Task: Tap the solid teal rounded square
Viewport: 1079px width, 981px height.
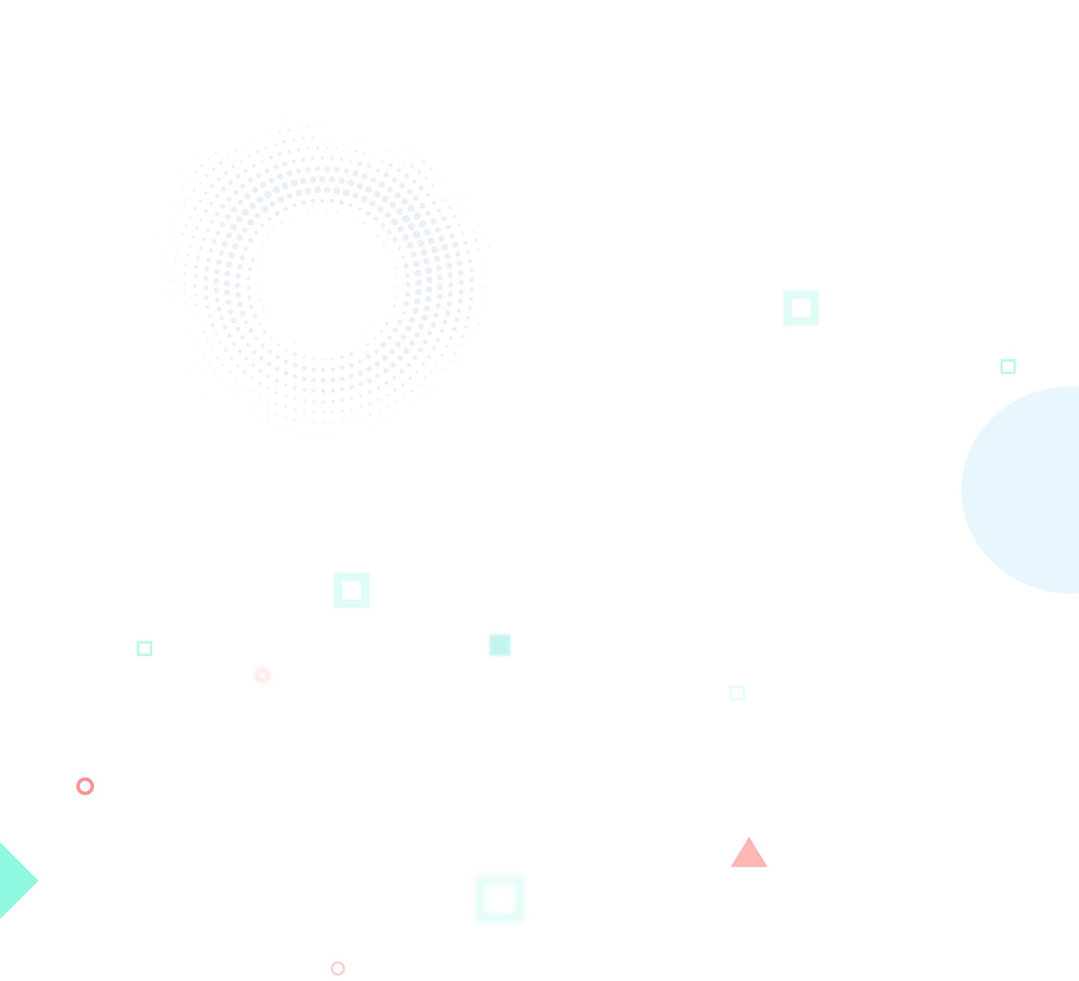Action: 500,645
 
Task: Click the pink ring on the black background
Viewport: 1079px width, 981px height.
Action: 85,786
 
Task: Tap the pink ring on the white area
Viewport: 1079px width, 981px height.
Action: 338,968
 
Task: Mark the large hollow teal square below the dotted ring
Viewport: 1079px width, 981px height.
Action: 352,590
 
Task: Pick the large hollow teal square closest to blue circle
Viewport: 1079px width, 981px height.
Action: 801,308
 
